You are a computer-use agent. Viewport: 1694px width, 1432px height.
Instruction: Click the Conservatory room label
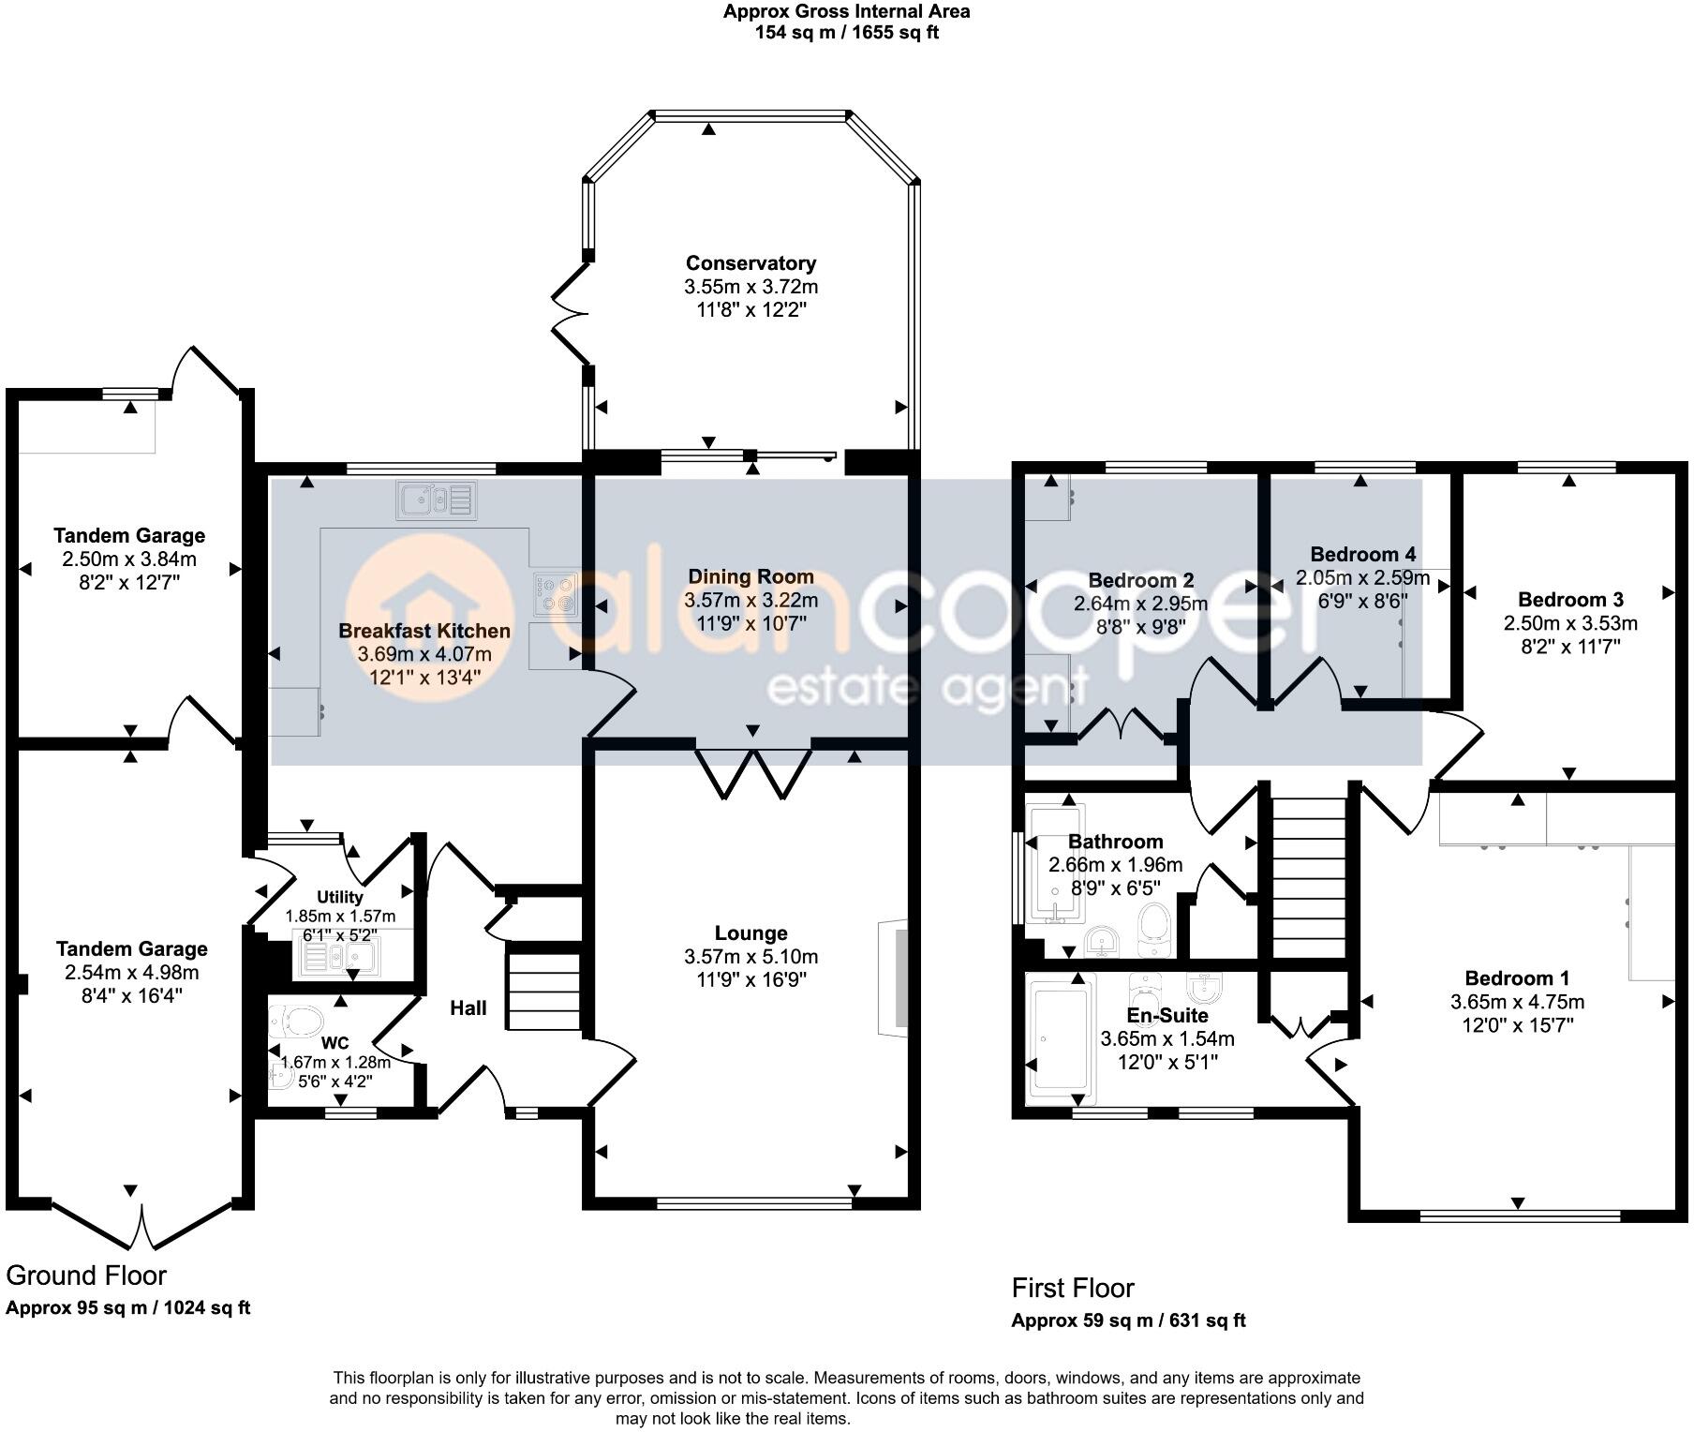[750, 263]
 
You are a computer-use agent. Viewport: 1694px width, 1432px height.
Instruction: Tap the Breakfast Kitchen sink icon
[437, 500]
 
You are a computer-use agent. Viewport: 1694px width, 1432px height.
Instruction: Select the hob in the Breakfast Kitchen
[556, 594]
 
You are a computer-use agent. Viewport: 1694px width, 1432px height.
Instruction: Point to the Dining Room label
[750, 576]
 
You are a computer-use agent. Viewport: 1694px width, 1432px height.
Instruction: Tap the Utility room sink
[338, 957]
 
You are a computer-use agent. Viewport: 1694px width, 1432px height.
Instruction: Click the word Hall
[468, 1007]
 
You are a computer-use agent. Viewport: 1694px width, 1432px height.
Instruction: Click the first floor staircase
[1308, 877]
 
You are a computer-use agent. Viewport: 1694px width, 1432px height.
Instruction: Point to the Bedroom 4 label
[1362, 554]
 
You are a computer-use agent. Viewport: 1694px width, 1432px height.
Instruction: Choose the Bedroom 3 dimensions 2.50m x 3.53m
[1570, 623]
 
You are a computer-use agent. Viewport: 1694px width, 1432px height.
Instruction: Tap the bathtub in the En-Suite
[1061, 1040]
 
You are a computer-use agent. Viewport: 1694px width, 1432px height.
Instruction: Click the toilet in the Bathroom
[1153, 923]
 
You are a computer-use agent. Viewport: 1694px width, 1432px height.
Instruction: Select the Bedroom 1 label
[1517, 978]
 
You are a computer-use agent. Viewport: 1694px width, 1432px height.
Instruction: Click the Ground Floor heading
[86, 1275]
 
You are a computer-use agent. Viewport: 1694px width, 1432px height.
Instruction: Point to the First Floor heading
[1073, 1288]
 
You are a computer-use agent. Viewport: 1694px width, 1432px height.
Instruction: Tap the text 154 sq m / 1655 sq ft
[846, 33]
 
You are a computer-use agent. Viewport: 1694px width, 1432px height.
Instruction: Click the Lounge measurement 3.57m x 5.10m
[750, 957]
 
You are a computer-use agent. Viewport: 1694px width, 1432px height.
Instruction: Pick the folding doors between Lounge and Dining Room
[753, 773]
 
